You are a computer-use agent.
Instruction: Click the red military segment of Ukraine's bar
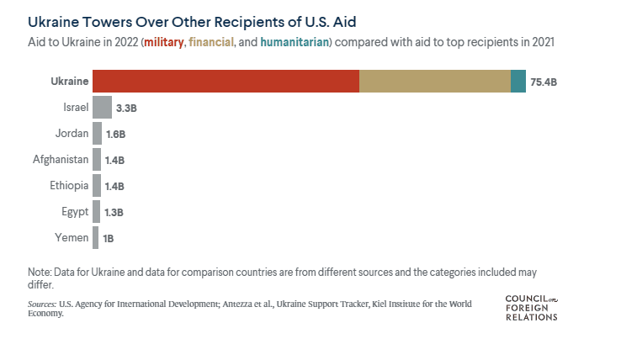(x=226, y=81)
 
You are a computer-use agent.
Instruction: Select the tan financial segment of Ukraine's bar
(x=434, y=81)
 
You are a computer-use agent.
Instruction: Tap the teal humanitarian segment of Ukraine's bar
(x=518, y=81)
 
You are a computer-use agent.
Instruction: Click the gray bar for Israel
(x=102, y=107)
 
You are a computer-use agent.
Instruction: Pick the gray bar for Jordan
(x=97, y=133)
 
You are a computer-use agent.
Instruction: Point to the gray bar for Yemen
(x=95, y=237)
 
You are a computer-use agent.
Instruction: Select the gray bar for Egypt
(x=96, y=211)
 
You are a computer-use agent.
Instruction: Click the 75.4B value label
(x=544, y=82)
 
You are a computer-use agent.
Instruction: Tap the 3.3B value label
(x=126, y=108)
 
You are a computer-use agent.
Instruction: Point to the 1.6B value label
(x=115, y=134)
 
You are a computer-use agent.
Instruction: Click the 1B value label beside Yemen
(x=108, y=238)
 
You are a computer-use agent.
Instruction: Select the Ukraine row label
(x=69, y=81)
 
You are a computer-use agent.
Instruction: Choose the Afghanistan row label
(x=61, y=159)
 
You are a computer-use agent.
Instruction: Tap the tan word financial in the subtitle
(x=210, y=42)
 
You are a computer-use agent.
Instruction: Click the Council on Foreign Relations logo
(x=531, y=307)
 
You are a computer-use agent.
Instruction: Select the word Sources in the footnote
(x=42, y=304)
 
